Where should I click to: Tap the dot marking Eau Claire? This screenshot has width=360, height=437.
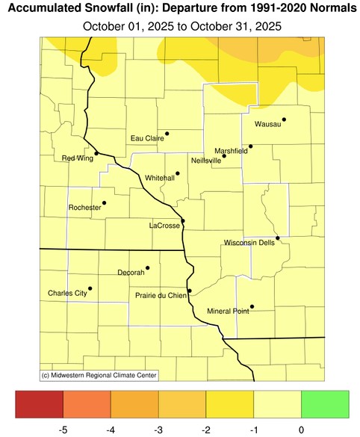click(167, 134)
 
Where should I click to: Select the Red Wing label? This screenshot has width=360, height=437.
click(77, 158)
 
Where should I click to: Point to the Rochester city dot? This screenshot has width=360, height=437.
click(104, 202)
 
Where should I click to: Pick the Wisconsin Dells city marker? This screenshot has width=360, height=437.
click(277, 238)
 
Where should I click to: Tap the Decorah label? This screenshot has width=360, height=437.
click(131, 273)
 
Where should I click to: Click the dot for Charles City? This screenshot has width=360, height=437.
click(90, 288)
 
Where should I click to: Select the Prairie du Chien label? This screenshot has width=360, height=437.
click(161, 295)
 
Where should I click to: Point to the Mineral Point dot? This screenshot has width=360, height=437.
click(252, 306)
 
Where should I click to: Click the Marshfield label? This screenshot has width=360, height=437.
click(231, 151)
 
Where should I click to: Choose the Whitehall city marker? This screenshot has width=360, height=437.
click(177, 173)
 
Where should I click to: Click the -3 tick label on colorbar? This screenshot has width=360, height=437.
click(158, 430)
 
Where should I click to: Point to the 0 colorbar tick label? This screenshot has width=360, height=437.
click(301, 430)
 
